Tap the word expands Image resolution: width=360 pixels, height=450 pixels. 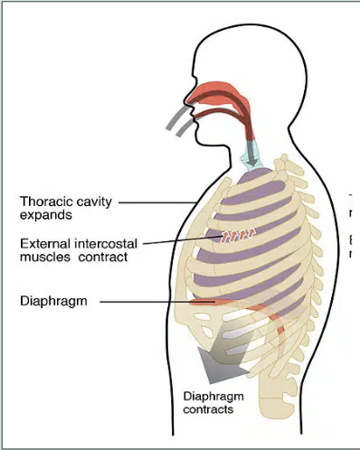tap(46, 215)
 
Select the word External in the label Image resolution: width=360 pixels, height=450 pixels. tap(45, 243)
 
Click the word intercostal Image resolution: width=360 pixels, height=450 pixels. tap(106, 243)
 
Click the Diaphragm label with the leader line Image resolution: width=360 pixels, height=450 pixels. tap(53, 301)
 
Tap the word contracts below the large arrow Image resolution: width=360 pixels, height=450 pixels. tap(208, 409)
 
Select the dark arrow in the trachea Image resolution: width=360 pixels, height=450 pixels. tap(252, 155)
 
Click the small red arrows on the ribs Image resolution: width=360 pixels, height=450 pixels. tap(238, 235)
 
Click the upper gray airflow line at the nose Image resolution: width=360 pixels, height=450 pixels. tap(177, 117)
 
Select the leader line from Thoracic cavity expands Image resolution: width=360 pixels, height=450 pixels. tap(158, 202)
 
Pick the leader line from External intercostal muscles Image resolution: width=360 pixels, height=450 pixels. tap(182, 240)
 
